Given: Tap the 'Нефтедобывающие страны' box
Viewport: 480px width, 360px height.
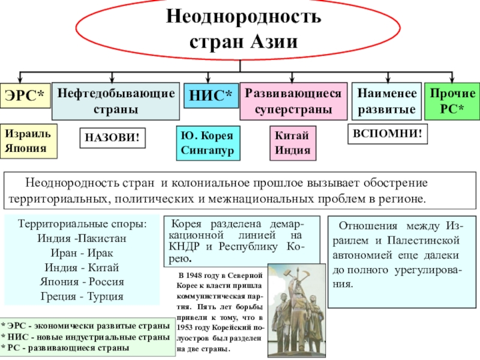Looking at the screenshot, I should (x=116, y=101).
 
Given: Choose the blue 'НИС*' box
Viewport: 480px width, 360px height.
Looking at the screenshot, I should (x=210, y=96).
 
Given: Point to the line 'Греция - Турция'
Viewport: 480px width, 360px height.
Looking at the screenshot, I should (x=82, y=296).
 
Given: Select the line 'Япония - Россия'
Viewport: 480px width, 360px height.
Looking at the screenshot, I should (x=82, y=281).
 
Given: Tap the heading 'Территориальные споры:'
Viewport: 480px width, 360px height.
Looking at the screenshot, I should (x=82, y=223).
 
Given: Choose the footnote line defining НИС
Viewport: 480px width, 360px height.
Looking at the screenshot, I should (x=85, y=337).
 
